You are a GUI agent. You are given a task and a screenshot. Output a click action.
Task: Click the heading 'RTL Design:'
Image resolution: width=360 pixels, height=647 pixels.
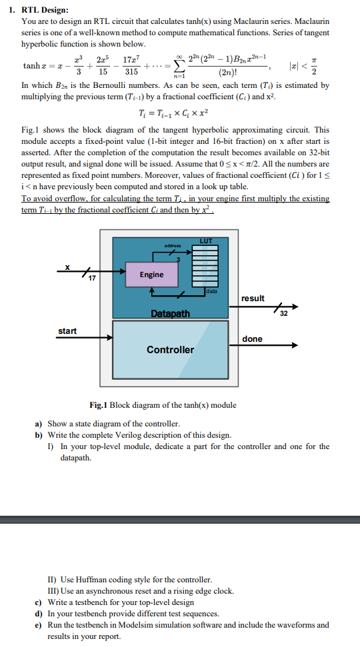[x=43, y=10]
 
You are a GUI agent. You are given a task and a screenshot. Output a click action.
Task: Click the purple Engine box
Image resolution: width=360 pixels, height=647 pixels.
[x=151, y=275]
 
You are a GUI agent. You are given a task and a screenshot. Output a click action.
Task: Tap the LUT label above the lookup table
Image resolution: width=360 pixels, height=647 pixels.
[x=206, y=241]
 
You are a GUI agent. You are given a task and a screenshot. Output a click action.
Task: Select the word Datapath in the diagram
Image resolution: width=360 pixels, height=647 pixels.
[x=170, y=313]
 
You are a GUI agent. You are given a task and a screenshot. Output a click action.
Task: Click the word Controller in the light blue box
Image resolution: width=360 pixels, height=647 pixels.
[x=170, y=349]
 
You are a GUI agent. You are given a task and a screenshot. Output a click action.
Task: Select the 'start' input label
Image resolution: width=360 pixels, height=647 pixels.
[x=67, y=330]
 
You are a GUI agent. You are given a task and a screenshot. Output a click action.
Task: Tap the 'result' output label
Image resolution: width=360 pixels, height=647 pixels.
[x=253, y=298]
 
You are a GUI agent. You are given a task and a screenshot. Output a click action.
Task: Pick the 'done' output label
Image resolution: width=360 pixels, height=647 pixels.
[x=252, y=338]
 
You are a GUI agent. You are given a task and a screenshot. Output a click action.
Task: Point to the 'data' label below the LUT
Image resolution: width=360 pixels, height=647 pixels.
[x=211, y=292]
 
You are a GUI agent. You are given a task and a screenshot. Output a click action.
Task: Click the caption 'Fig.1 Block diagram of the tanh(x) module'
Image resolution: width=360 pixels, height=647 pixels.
[x=163, y=405]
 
